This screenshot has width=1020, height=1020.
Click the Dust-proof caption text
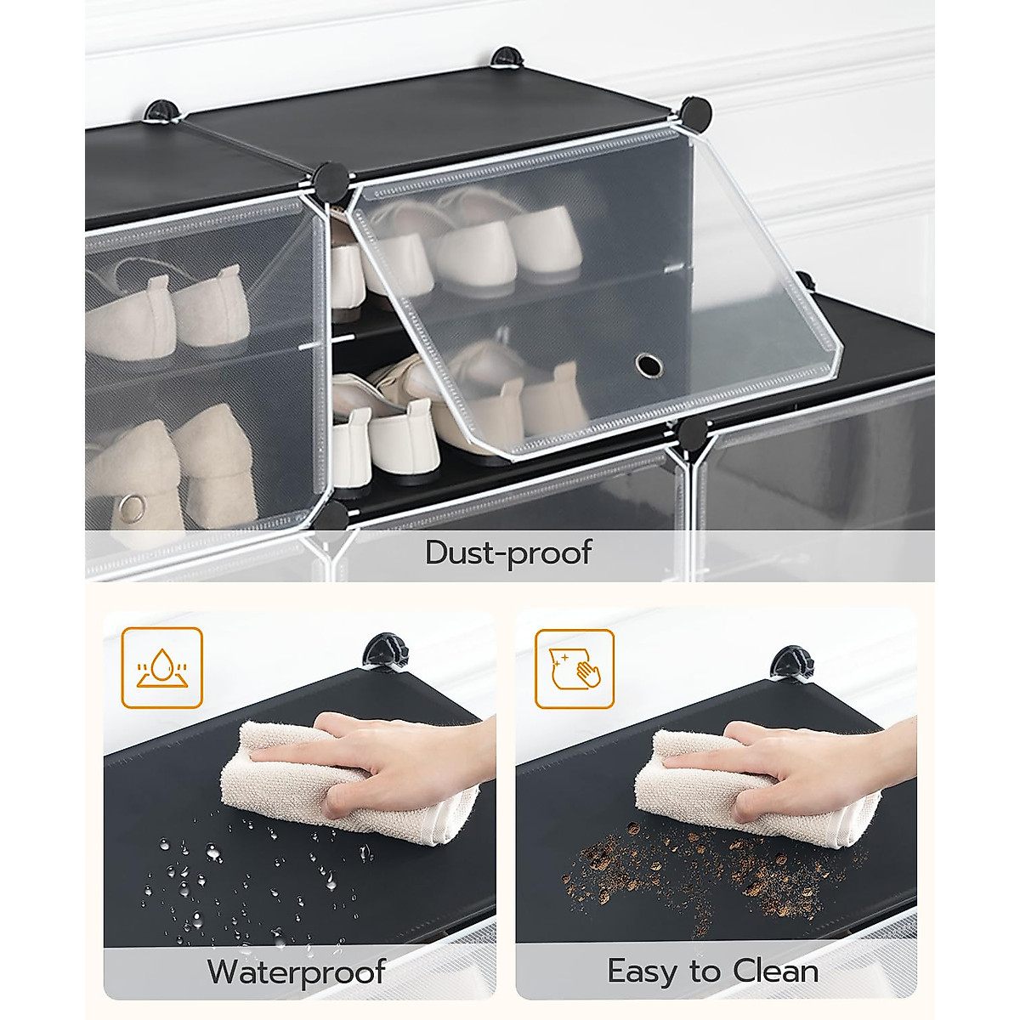pyautogui.click(x=508, y=552)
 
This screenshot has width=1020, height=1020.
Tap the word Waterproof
pyautogui.click(x=297, y=972)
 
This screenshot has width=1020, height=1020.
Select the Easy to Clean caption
pyautogui.click(x=713, y=972)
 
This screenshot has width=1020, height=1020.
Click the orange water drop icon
pyautogui.click(x=161, y=667)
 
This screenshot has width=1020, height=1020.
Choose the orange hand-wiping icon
pyautogui.click(x=575, y=668)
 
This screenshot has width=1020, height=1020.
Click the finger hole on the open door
pyautogui.click(x=650, y=365)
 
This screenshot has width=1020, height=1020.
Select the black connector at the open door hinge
pyautogui.click(x=331, y=178)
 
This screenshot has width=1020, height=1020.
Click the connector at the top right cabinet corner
pyautogui.click(x=694, y=111)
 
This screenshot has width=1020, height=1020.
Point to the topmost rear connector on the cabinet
pyautogui.click(x=505, y=57)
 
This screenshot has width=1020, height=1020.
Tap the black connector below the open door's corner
pyautogui.click(x=695, y=433)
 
